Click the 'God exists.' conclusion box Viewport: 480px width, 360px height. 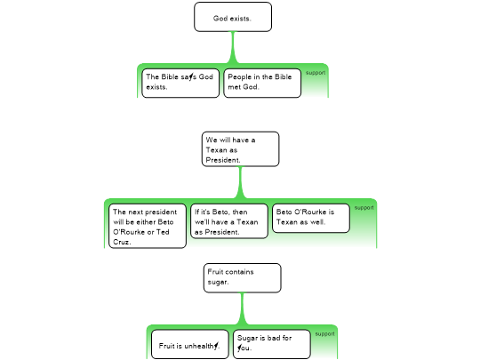coord(233,17)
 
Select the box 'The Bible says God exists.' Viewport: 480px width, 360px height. coord(180,84)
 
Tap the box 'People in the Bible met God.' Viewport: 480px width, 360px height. coord(262,84)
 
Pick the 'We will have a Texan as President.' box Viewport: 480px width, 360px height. coord(240,149)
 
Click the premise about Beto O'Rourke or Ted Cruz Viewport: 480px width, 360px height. coord(148,227)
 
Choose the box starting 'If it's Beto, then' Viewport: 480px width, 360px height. coord(229,221)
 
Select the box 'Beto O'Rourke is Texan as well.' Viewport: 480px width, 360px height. coord(311,219)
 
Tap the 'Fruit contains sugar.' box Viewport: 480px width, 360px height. coord(243,278)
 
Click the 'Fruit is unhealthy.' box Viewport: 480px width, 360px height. coord(190,344)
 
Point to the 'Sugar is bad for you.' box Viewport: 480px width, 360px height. coord(272,344)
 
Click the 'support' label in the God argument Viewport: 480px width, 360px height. coord(316,73)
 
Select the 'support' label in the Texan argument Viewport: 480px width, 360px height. coord(364,207)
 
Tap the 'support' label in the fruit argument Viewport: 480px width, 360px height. coord(324,333)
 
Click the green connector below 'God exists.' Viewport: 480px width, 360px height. coord(233,47)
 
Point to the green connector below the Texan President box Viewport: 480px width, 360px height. coord(240,183)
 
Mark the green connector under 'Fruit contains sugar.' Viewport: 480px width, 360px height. coord(243,308)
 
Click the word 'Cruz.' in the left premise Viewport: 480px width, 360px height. coord(122,242)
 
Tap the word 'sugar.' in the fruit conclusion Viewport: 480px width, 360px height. coord(218,282)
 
